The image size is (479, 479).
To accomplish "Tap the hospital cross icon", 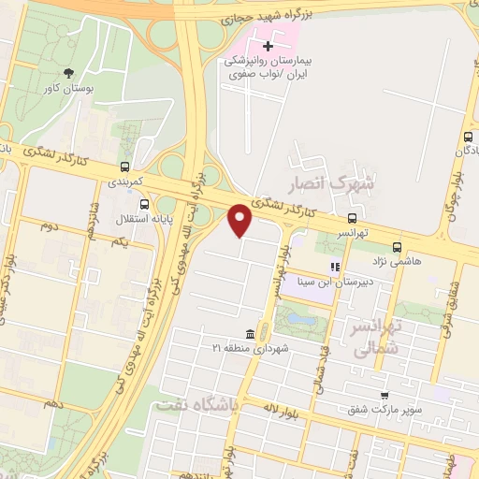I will pos(269,44).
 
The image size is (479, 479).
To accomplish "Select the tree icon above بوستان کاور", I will pos(67,73).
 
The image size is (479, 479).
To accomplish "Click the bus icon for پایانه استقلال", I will pos(143,203).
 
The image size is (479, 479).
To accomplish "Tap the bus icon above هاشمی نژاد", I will pos(398,248).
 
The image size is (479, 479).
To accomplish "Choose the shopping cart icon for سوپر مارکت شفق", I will pos(385,396).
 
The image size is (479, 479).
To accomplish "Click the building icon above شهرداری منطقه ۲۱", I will pos(250,335).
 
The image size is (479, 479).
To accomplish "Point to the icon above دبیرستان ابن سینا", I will pos(333,267).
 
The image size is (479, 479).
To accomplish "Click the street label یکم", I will pos(118,242).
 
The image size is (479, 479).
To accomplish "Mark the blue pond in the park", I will pos(300,319).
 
